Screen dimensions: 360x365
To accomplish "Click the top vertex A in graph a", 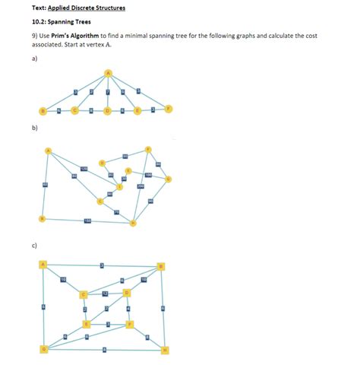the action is point(107,73).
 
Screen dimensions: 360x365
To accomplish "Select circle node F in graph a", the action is point(169,109).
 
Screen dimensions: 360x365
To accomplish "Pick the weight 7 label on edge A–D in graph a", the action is point(108,92).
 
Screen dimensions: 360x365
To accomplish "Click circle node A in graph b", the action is point(49,150).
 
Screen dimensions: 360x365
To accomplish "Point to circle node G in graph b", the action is point(169,179).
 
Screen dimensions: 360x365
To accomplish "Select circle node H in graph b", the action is point(133,223).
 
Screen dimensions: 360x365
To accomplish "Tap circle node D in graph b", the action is point(102,161).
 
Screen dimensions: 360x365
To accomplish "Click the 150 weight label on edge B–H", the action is point(88,221).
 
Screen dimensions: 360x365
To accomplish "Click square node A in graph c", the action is point(43,265).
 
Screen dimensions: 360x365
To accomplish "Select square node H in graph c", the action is point(165,349).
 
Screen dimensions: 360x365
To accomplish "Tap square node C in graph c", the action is point(84,294).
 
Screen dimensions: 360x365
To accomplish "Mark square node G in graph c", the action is point(43,349).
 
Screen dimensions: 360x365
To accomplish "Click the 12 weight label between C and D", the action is point(106,294).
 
